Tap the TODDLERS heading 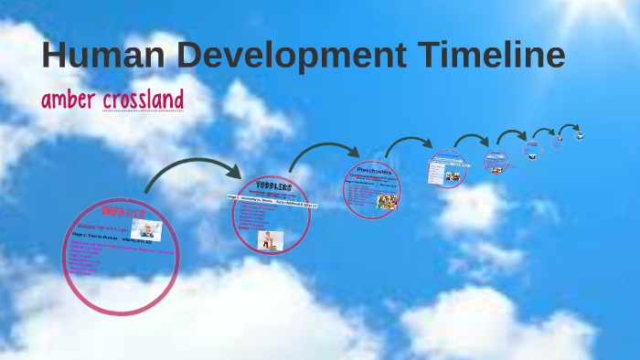[273, 185]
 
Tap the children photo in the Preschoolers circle [387, 201]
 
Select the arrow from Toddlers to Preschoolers [325, 153]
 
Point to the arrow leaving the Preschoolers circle [408, 143]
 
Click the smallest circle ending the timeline [579, 136]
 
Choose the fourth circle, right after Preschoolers [448, 170]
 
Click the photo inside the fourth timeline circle [453, 176]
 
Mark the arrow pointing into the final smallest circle [569, 127]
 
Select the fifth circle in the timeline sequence [496, 162]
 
